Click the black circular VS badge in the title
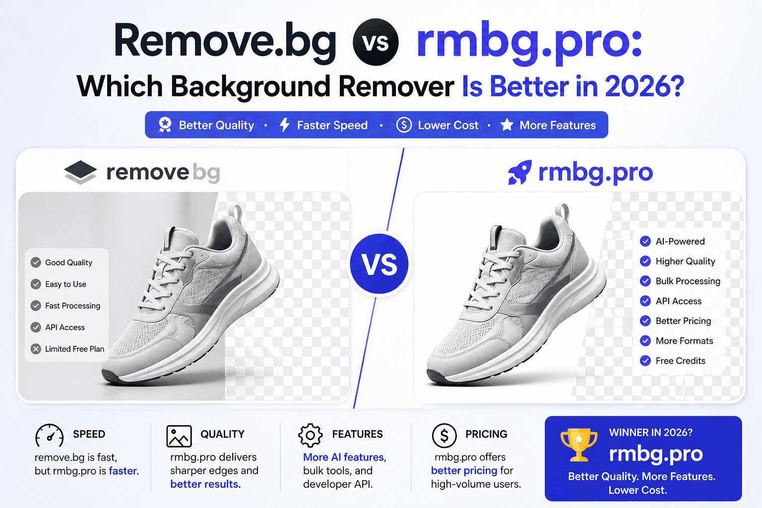pos(376,43)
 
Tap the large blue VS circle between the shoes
pos(380,264)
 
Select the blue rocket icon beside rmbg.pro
pos(519,173)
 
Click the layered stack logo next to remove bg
pos(80,172)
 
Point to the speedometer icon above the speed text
pos(49,436)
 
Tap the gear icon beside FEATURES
pos(311,435)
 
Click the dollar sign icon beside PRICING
pos(444,435)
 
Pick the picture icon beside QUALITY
pos(179,436)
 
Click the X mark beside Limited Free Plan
pos(36,349)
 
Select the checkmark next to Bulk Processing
pos(645,281)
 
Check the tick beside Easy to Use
pos(36,284)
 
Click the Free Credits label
pos(680,361)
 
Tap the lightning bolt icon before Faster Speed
pos(284,125)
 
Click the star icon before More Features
pos(507,125)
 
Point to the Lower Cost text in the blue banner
pos(448,126)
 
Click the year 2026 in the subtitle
pos(644,87)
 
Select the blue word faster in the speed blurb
pos(123,471)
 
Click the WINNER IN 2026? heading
pos(650,433)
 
